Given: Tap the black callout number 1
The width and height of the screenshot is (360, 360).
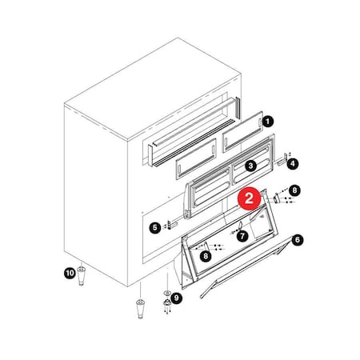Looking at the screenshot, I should [x=268, y=122].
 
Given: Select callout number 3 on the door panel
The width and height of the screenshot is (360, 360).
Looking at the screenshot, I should [x=250, y=166].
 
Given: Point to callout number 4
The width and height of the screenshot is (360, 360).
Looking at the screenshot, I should [x=293, y=164].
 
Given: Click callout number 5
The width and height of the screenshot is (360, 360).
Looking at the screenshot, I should [x=154, y=226].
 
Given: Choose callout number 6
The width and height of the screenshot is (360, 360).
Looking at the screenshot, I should [x=298, y=239].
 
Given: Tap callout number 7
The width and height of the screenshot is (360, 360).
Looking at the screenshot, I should [x=242, y=236].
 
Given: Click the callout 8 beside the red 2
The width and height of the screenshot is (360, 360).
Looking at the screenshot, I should [x=294, y=190].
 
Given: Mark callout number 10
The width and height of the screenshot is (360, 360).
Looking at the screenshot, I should [x=69, y=274].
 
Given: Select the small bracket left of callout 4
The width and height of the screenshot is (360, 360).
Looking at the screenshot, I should [x=280, y=163].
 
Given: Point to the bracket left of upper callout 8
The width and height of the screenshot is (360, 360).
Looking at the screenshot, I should [x=277, y=197].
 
